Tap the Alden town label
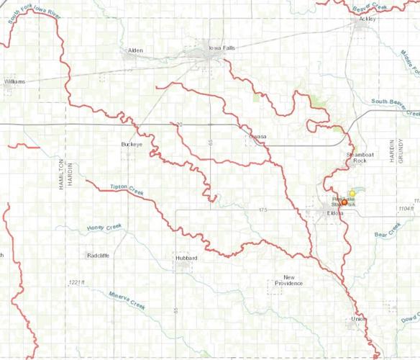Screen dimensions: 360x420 pyautogui.click(x=135, y=50)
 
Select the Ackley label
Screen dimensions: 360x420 pyautogui.click(x=367, y=20)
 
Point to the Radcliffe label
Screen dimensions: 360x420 pyautogui.click(x=98, y=256)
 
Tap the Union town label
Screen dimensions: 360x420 pyautogui.click(x=358, y=318)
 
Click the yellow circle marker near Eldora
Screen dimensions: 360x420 pyautogui.click(x=352, y=193)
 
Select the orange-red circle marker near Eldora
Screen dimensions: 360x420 pyautogui.click(x=344, y=203)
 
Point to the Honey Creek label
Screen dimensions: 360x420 pyautogui.click(x=106, y=228)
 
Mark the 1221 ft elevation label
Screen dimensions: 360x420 pyautogui.click(x=73, y=282)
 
